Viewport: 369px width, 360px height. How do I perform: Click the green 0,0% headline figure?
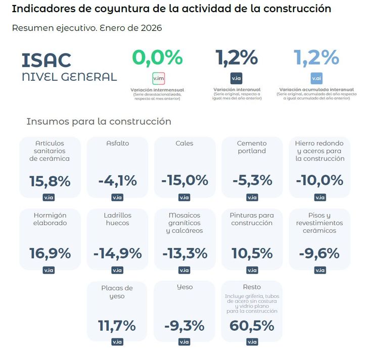(x=158, y=58)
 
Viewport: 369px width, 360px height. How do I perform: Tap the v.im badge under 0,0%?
(x=158, y=79)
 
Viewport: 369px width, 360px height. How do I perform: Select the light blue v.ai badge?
(x=316, y=79)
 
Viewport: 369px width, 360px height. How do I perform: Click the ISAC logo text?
(x=47, y=60)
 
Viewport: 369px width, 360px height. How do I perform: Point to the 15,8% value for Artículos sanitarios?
(x=50, y=180)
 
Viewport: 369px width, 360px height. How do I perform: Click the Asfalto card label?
(x=117, y=143)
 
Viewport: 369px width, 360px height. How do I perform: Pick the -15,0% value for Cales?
(x=184, y=180)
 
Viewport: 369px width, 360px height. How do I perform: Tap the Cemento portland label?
(x=252, y=147)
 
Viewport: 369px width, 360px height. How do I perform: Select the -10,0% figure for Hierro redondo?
(x=319, y=180)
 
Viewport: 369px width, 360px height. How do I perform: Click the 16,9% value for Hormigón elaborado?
(x=50, y=253)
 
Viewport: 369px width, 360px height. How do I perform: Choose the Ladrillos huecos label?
(x=117, y=219)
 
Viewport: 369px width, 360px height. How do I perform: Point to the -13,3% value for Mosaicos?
(x=184, y=253)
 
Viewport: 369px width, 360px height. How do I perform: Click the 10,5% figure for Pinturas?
(x=252, y=253)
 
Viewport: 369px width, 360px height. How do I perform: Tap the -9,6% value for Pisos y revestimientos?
(x=319, y=253)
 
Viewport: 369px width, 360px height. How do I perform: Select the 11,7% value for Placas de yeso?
(x=117, y=325)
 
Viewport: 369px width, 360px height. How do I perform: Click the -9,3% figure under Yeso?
(x=184, y=325)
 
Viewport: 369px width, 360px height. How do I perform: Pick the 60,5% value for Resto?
(x=252, y=325)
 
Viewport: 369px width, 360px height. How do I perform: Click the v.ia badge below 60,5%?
(x=252, y=342)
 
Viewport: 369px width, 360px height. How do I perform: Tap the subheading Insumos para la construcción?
(x=99, y=122)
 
